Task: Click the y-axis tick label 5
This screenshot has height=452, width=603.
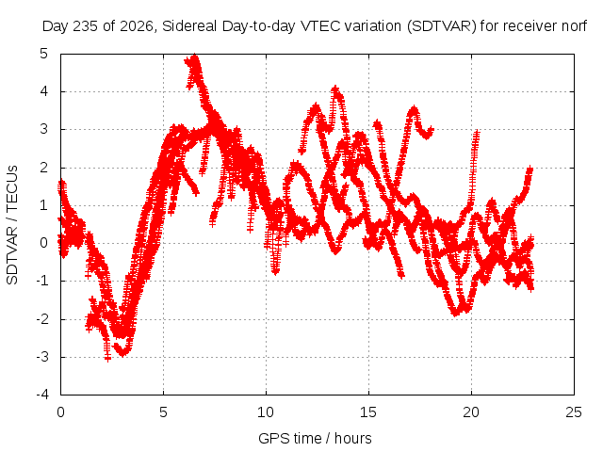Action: (43, 54)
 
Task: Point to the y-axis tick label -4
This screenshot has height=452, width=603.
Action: (42, 395)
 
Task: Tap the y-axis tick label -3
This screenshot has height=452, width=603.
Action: (42, 357)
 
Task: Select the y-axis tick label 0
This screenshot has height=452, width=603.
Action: (43, 243)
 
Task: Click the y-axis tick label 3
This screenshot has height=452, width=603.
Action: (43, 129)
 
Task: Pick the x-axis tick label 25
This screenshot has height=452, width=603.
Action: (574, 412)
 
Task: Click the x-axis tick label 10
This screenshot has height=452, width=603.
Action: (266, 412)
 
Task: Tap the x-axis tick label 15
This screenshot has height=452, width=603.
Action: (368, 412)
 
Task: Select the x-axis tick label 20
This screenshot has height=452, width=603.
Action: (471, 412)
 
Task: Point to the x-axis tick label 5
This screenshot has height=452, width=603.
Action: (163, 412)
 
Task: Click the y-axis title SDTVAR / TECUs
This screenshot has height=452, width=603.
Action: (12, 225)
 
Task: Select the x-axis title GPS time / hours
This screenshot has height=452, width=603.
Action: (315, 439)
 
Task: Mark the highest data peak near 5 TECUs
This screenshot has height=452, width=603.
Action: (195, 56)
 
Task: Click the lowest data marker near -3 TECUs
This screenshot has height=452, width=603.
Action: (107, 358)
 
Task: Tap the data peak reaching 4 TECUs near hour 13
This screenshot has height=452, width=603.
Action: (335, 89)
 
